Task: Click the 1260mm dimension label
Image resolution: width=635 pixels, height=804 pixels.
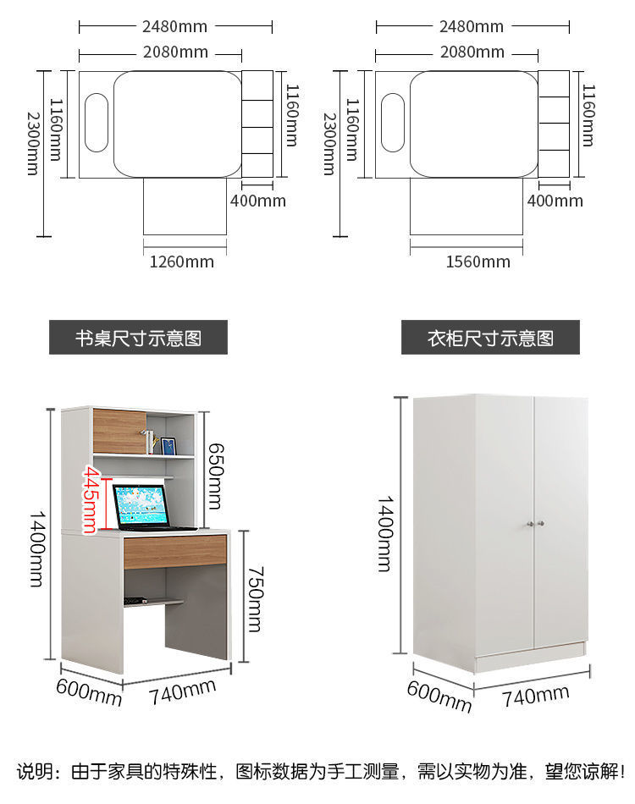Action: click(x=182, y=262)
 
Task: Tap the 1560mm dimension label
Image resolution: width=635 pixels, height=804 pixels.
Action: click(x=478, y=262)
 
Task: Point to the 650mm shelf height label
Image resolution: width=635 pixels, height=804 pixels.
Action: click(x=215, y=471)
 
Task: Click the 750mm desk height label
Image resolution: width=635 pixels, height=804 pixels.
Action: click(x=255, y=599)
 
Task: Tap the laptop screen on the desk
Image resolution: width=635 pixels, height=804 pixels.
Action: click(x=140, y=506)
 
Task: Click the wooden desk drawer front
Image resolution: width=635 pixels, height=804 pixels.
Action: click(x=174, y=551)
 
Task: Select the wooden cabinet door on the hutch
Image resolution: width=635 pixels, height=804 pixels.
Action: click(x=119, y=431)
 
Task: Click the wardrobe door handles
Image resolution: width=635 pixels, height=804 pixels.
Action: click(x=535, y=524)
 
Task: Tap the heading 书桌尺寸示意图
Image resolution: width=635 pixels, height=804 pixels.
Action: click(x=138, y=338)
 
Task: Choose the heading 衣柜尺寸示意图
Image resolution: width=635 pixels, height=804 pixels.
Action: click(x=490, y=338)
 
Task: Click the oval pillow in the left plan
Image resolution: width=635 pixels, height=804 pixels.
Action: click(x=97, y=123)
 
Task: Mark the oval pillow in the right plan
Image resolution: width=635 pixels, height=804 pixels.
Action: click(x=393, y=123)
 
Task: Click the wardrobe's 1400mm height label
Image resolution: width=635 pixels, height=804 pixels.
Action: click(x=384, y=534)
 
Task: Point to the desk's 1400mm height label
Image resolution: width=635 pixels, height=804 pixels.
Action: click(x=37, y=548)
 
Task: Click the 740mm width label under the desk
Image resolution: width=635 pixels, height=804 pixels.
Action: click(x=182, y=693)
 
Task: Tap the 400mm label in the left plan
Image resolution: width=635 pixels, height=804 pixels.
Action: click(x=258, y=201)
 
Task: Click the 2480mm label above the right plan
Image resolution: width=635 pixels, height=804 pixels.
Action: click(x=472, y=27)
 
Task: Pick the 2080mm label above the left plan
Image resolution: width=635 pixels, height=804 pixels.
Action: click(x=175, y=52)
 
